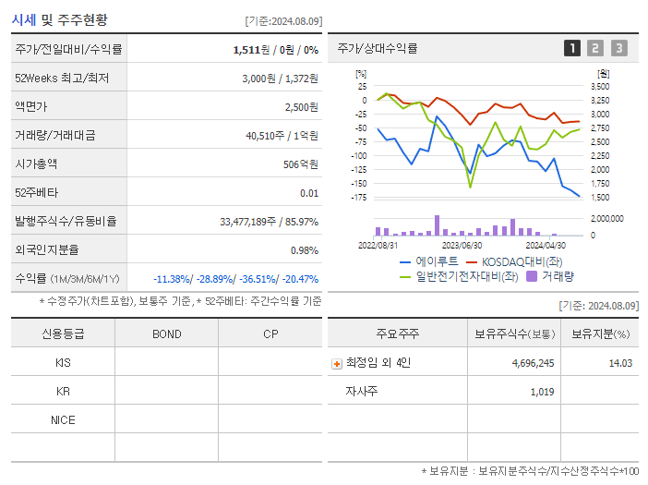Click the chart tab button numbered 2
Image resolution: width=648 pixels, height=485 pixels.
pos(595,48)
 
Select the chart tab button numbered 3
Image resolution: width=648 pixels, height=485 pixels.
pos(618,48)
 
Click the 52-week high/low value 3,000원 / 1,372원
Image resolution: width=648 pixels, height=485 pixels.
pos(280,79)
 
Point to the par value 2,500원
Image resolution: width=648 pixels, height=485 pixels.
pos(301,107)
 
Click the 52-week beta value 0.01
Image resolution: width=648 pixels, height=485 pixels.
pos(309,193)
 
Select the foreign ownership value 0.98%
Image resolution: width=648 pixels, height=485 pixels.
pos(305,250)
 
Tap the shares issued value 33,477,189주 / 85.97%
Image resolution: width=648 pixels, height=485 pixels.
pos(270,222)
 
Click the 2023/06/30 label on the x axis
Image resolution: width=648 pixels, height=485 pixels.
pos(462,246)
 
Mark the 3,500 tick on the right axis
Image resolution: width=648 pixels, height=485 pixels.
pos(599,87)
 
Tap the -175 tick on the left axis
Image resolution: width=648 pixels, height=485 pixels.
pos(359,198)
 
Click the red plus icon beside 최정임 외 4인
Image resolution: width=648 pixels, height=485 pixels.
pos(336,363)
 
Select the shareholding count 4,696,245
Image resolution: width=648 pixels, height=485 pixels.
pos(533,363)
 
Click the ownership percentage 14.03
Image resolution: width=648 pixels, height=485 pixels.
pos(620,363)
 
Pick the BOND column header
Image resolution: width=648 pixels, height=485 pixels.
pos(166,333)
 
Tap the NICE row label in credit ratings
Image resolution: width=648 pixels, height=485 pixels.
pos(63,420)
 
